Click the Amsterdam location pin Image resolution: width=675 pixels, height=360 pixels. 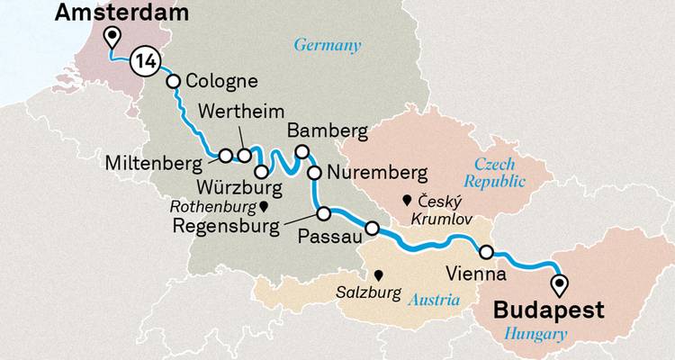(x=112, y=38)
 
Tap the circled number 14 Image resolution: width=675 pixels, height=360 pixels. (x=144, y=62)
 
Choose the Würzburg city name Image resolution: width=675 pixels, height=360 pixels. (x=233, y=191)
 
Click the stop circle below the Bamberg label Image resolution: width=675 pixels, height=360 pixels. (x=302, y=151)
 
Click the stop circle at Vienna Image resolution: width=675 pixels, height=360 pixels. (x=487, y=252)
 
